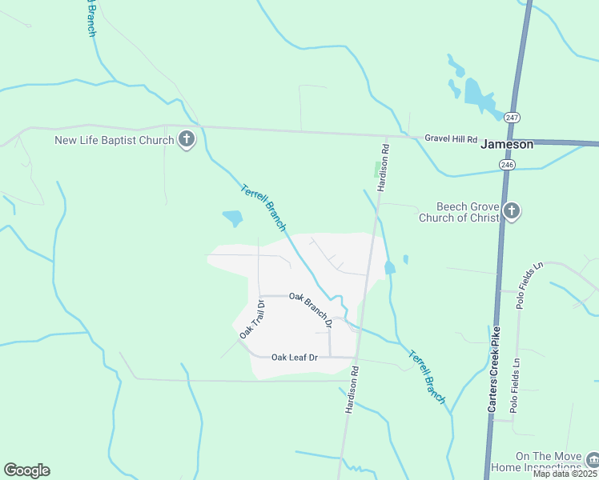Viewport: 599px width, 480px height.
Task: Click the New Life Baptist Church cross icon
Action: click(x=186, y=141)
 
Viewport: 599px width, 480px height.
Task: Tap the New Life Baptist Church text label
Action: click(x=114, y=141)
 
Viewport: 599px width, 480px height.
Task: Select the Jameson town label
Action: click(x=506, y=145)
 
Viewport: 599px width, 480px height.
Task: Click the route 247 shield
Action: click(x=513, y=118)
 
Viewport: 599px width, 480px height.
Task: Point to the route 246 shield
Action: click(x=506, y=165)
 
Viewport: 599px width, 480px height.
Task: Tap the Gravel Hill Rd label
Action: click(x=451, y=138)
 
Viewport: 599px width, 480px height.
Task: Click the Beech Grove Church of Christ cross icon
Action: click(x=512, y=212)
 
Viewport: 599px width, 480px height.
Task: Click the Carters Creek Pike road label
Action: click(x=495, y=369)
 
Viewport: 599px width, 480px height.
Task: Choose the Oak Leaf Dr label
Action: click(x=295, y=357)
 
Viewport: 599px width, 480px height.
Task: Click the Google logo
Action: click(x=26, y=470)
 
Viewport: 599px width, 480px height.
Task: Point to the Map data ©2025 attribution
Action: click(x=565, y=474)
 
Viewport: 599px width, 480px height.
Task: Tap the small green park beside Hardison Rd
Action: click(x=379, y=170)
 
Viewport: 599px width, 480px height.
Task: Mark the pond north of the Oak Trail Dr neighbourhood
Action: click(x=232, y=217)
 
